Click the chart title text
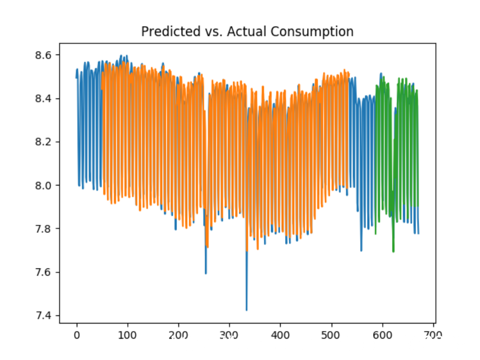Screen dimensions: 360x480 pos(247,31)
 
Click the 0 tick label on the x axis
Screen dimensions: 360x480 pos(77,335)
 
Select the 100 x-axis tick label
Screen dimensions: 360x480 pos(127,335)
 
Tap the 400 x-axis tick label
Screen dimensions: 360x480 pos(280,335)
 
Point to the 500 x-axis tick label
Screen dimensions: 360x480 pos(331,335)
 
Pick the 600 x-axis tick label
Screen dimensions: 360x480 pos(382,335)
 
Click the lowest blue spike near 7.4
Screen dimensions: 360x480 pos(246,309)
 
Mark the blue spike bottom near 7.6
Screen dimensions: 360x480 pos(206,273)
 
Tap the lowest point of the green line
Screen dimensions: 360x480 pos(393,251)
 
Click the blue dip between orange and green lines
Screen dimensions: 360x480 pos(361,250)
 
